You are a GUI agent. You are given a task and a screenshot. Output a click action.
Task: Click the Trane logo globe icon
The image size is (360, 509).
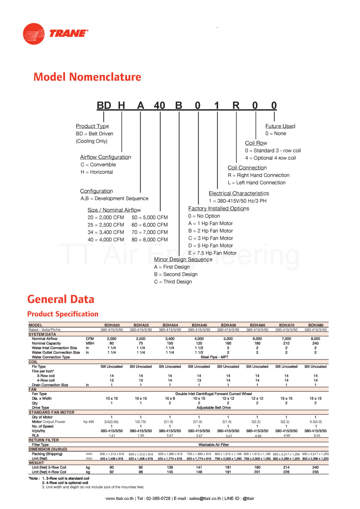(x=33, y=33)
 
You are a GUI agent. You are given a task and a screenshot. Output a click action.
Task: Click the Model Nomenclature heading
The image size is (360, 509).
(x=87, y=77)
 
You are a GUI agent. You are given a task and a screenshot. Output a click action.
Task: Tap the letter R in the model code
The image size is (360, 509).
(x=236, y=105)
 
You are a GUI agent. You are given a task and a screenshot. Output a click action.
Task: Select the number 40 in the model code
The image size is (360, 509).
(x=159, y=105)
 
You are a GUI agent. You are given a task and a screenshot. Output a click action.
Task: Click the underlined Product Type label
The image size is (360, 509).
(x=92, y=126)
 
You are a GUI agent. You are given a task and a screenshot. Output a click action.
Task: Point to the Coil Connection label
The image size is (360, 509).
(x=247, y=168)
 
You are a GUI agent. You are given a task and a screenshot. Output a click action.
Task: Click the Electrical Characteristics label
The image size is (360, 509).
(x=239, y=193)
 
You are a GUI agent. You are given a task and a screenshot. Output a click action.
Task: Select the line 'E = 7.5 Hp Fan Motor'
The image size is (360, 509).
(x=212, y=253)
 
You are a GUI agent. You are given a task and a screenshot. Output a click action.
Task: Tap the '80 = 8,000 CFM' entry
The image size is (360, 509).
(x=150, y=240)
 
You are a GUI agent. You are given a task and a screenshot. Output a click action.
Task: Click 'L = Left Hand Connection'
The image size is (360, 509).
(x=256, y=183)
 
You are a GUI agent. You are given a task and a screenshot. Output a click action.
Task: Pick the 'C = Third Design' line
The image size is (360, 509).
(x=173, y=282)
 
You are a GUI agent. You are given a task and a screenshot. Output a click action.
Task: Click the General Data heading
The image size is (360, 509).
(x=61, y=299)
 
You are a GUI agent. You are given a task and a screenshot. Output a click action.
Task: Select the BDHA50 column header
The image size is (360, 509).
(x=228, y=325)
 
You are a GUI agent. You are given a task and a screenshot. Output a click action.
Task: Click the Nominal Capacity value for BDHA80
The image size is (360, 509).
(x=315, y=343)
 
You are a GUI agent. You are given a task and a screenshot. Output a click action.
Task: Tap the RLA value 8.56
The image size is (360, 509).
(x=317, y=436)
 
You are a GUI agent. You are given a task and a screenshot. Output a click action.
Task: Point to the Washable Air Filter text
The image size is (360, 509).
(x=213, y=445)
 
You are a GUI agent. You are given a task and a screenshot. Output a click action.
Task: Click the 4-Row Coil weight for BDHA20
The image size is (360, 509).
(x=112, y=472)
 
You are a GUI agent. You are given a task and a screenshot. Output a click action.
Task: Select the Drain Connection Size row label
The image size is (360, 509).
(x=50, y=385)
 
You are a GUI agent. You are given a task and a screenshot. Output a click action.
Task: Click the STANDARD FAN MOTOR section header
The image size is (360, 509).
(x=51, y=413)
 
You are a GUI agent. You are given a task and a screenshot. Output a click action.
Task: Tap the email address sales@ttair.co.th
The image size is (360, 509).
(x=205, y=498)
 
